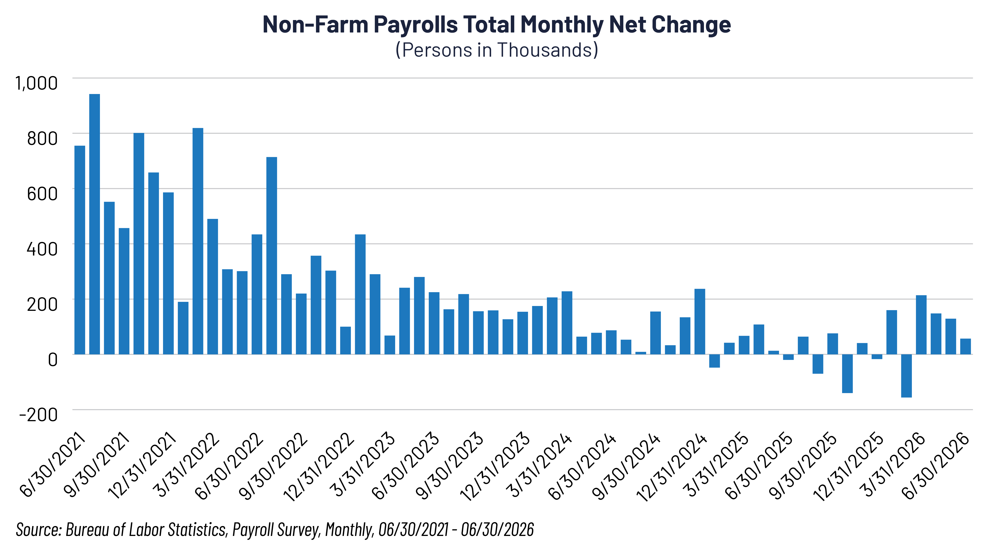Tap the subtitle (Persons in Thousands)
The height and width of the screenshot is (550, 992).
pyautogui.click(x=497, y=50)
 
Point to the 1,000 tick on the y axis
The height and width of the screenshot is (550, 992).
pyautogui.click(x=36, y=83)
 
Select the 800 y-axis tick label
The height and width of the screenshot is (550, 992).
pyautogui.click(x=42, y=138)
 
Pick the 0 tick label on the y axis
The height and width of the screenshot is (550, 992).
pyautogui.click(x=53, y=359)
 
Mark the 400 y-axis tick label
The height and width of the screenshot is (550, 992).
pyautogui.click(x=42, y=249)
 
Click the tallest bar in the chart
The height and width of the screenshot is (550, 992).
pyautogui.click(x=95, y=224)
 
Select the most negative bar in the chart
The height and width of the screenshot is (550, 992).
pyautogui.click(x=907, y=376)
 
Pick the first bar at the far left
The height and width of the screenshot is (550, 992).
pyautogui.click(x=80, y=250)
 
